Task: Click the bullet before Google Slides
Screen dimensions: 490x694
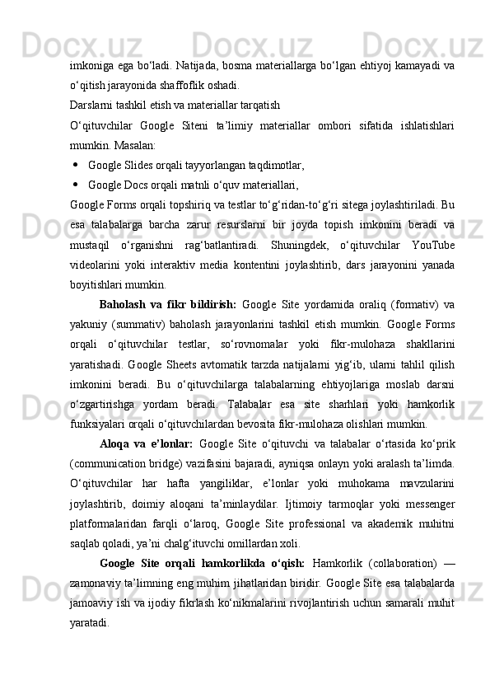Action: [76, 164]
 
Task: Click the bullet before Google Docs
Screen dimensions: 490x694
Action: [76, 184]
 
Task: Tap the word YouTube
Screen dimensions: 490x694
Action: [435, 245]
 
